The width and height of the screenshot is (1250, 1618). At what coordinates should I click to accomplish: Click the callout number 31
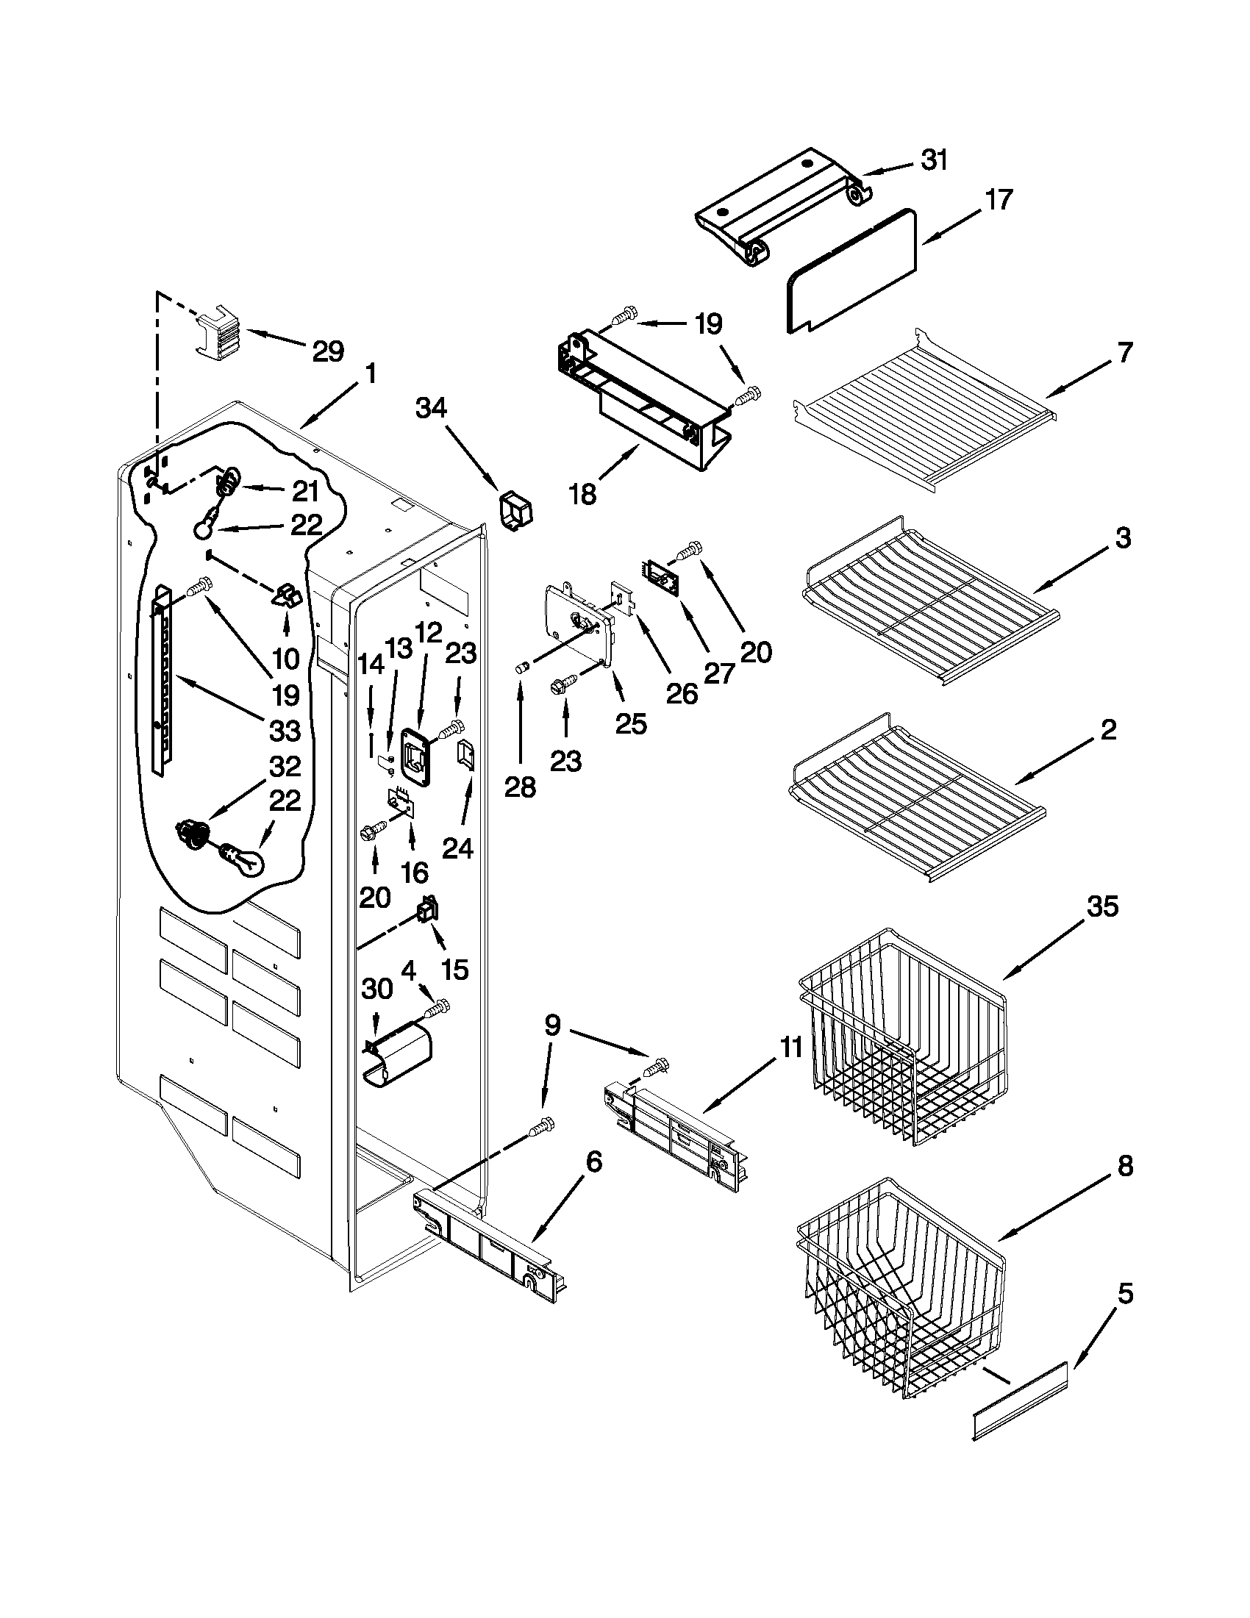pyautogui.click(x=935, y=160)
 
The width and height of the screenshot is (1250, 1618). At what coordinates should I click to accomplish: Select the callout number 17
pyautogui.click(x=998, y=200)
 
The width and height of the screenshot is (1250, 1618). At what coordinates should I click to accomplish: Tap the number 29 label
pyautogui.click(x=327, y=351)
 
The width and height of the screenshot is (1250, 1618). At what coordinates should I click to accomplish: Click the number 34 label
pyautogui.click(x=431, y=407)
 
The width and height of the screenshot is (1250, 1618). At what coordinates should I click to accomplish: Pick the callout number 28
pyautogui.click(x=520, y=787)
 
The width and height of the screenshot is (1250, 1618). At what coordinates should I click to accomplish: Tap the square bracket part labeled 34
pyautogui.click(x=518, y=509)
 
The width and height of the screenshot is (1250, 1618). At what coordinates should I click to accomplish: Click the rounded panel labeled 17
pyautogui.click(x=852, y=271)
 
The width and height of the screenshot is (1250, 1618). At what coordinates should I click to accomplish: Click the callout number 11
pyautogui.click(x=791, y=1048)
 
